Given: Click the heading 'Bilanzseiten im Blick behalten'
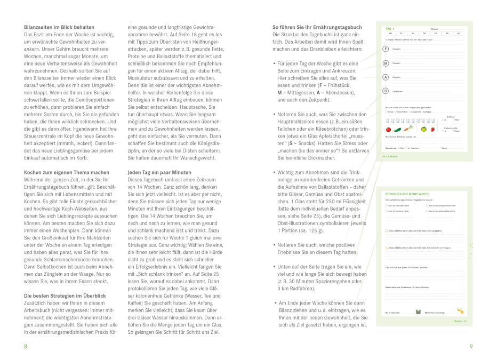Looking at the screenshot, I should [x=59, y=27].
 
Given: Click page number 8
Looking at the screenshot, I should [x=25, y=347].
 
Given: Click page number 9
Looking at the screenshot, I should [x=471, y=347].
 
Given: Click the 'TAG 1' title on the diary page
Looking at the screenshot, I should [x=390, y=28].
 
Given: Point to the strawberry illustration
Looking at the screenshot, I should [x=431, y=129].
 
